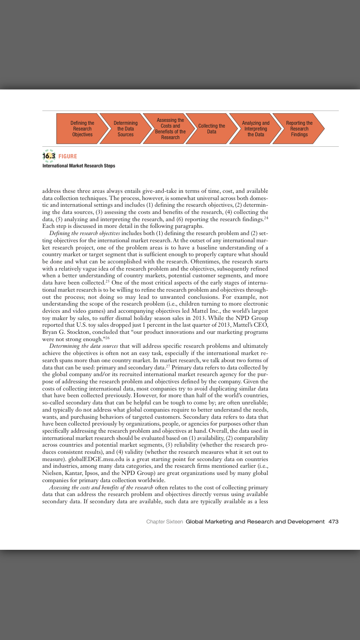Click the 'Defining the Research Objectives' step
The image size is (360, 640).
(x=82, y=129)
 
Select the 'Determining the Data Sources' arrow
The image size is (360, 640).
(x=125, y=129)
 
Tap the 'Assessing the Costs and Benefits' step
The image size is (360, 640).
(x=170, y=129)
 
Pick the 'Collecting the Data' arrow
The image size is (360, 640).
(x=212, y=129)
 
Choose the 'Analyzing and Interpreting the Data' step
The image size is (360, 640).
(x=255, y=129)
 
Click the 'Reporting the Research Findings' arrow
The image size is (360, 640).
(x=299, y=129)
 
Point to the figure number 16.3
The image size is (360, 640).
(x=49, y=156)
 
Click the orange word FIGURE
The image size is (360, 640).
(x=68, y=156)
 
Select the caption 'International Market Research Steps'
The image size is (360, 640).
(x=79, y=166)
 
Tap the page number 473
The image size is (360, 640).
(x=334, y=521)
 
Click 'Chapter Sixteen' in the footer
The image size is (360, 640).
(x=165, y=521)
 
